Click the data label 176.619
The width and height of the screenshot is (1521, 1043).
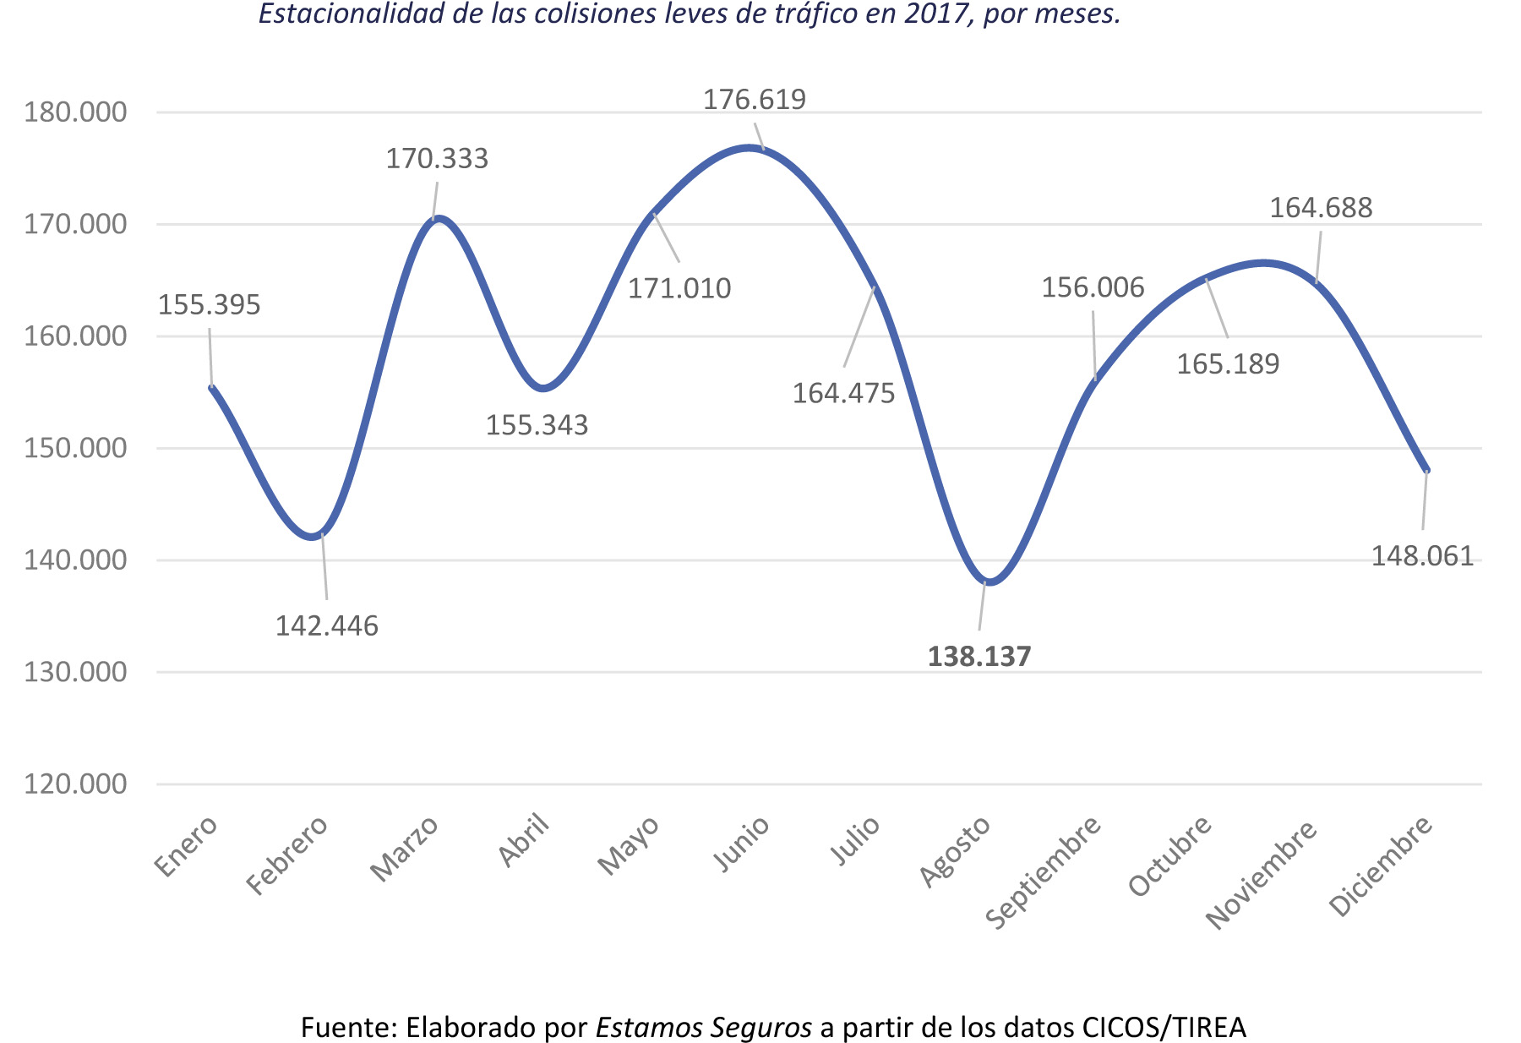[755, 100]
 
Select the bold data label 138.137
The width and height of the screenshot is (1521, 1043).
[979, 657]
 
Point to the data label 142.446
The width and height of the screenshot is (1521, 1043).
[327, 626]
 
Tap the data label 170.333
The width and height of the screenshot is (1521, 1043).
[437, 159]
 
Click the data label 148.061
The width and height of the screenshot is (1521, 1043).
[1422, 556]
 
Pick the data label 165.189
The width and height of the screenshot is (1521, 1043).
[1228, 364]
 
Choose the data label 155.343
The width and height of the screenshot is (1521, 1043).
[537, 425]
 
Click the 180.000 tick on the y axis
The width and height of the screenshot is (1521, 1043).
[75, 112]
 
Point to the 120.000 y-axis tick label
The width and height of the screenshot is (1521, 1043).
[75, 784]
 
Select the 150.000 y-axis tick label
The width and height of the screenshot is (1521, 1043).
[75, 448]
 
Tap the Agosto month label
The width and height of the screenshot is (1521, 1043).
[955, 851]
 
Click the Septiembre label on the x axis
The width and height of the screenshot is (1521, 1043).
[1044, 871]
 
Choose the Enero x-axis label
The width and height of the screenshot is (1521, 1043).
[187, 846]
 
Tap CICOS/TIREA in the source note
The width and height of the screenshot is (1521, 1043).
[1164, 1028]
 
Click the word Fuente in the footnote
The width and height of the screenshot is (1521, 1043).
[347, 1028]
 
